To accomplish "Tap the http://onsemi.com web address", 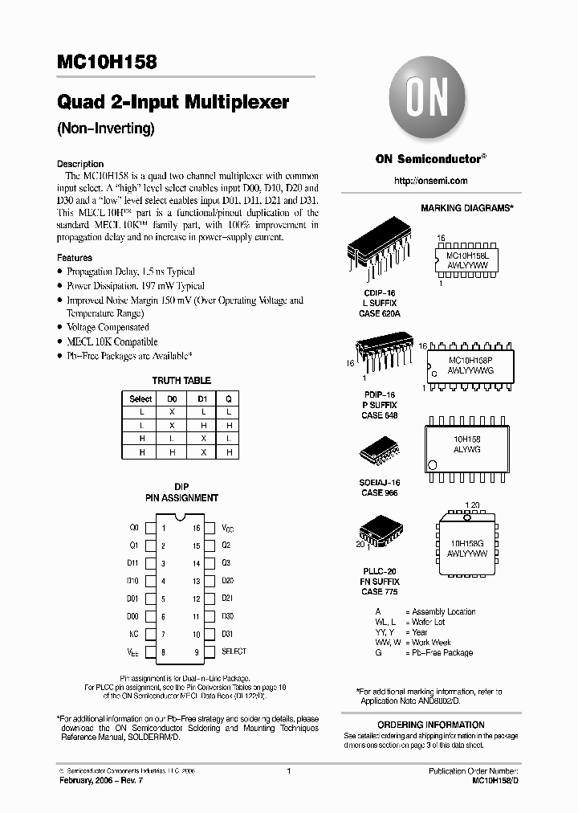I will [x=431, y=181].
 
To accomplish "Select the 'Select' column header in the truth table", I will [x=140, y=398].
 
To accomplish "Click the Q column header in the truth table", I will [x=228, y=398].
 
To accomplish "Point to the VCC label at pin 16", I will [x=228, y=529].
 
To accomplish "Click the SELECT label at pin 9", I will [x=234, y=652].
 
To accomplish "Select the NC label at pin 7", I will [x=133, y=634].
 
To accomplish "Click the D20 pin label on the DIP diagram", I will [x=227, y=580].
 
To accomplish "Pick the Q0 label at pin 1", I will [x=133, y=528].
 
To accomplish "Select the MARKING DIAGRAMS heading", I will [x=466, y=208].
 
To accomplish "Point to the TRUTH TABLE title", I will [x=181, y=380].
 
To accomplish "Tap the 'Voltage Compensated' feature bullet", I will [x=108, y=327].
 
